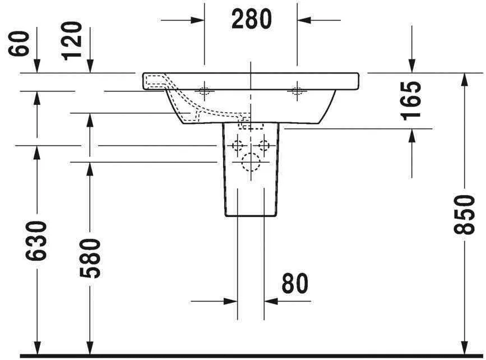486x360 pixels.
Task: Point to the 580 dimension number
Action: [x=90, y=259]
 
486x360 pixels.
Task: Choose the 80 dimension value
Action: [x=295, y=284]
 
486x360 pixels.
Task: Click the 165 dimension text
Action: [x=412, y=100]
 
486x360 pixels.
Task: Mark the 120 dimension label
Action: [x=73, y=40]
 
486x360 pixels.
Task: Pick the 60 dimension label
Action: [x=20, y=44]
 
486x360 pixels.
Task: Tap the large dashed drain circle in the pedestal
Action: [x=251, y=162]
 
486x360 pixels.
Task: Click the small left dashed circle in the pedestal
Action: [x=238, y=146]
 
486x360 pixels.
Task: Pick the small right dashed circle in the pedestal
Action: [x=264, y=146]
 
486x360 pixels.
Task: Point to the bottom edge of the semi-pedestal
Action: [x=251, y=216]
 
